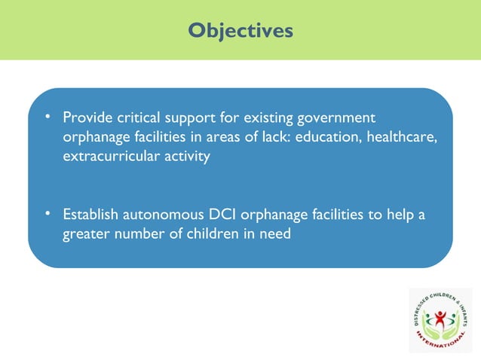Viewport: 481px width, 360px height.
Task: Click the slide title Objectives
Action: point(240,30)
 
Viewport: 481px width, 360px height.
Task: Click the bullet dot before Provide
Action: point(47,118)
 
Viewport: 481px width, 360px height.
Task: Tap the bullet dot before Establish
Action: point(47,215)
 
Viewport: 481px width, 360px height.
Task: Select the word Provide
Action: point(86,119)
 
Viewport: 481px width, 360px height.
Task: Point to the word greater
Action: point(86,235)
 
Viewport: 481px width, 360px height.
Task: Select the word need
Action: point(274,235)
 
